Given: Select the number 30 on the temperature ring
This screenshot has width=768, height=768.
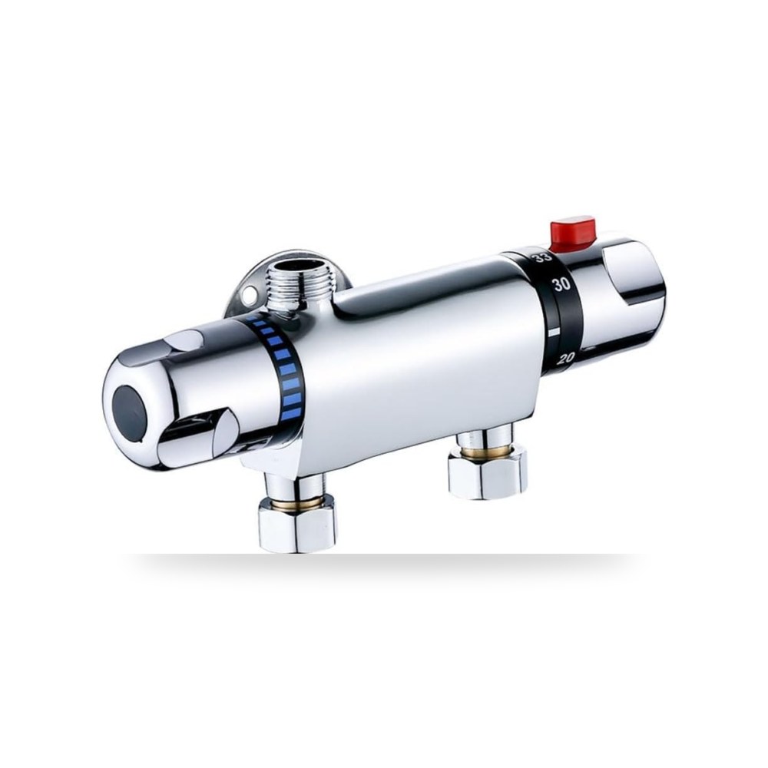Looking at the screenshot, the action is coord(561,285).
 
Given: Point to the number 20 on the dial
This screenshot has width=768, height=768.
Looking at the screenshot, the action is coord(566,358).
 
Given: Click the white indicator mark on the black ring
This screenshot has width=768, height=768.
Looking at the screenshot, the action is coord(554,332).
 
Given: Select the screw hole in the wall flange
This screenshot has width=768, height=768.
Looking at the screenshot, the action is coord(252,296).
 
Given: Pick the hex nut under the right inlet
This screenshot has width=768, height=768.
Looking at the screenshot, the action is coord(488,472).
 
